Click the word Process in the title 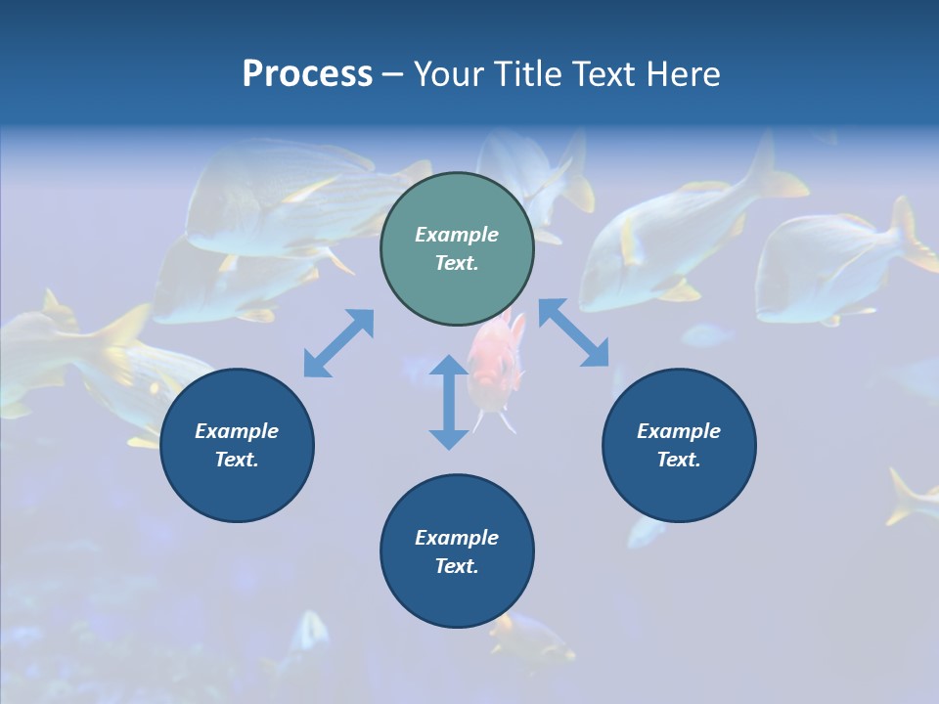click(307, 74)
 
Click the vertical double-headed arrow click(449, 402)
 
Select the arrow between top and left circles click(338, 343)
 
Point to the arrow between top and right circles click(574, 333)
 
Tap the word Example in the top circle click(457, 235)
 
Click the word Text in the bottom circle click(457, 566)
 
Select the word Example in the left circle click(237, 431)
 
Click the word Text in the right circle click(679, 460)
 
